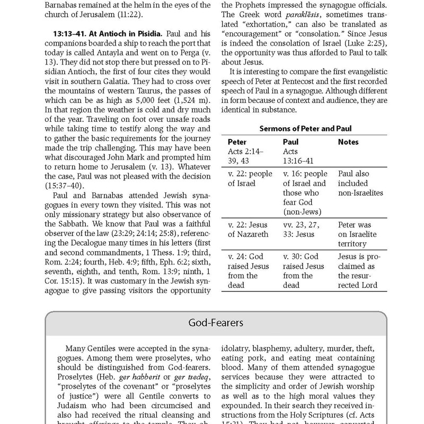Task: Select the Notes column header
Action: [x=348, y=143]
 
